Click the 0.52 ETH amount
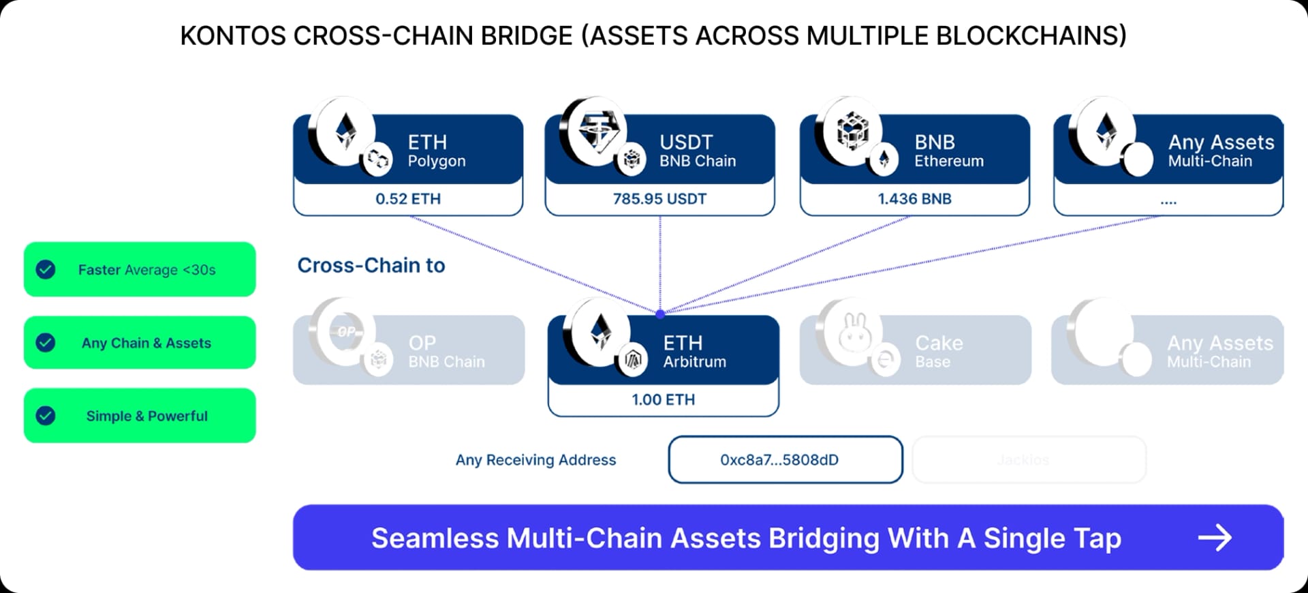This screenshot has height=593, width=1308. [x=408, y=199]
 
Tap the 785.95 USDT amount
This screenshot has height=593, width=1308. [x=659, y=199]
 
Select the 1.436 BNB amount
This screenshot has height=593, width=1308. [x=914, y=199]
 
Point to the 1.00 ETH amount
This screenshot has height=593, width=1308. [x=663, y=399]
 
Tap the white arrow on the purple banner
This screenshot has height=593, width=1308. [x=1215, y=538]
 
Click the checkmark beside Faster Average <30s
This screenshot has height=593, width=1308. [x=46, y=269]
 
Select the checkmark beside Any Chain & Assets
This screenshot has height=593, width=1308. [x=46, y=342]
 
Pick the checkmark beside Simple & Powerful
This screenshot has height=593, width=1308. [x=46, y=415]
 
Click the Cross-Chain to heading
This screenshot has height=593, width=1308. [x=371, y=265]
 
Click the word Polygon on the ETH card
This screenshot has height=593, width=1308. [x=437, y=162]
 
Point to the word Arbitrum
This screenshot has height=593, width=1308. [x=694, y=362]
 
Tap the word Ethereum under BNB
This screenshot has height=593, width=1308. [x=948, y=162]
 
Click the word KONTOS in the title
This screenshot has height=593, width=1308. [x=232, y=35]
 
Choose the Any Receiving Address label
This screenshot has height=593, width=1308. [x=535, y=460]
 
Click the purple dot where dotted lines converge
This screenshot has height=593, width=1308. [x=659, y=314]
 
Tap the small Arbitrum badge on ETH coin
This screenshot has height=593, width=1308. [x=633, y=361]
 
